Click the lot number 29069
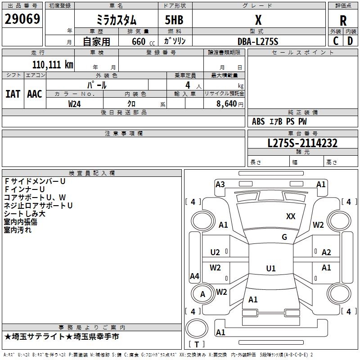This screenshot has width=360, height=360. (x=22, y=19)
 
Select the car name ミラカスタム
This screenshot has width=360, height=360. (x=117, y=20)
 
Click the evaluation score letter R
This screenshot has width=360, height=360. (x=343, y=21)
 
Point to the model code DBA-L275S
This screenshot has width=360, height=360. (x=258, y=41)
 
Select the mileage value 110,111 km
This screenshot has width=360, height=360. (x=53, y=64)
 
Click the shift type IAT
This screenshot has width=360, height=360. (x=13, y=94)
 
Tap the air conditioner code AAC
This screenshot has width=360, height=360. (x=35, y=94)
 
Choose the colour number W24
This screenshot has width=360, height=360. (x=75, y=103)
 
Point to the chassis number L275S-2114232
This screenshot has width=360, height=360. (x=302, y=143)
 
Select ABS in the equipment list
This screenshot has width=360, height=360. (x=258, y=121)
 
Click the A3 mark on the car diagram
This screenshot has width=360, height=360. (x=220, y=184)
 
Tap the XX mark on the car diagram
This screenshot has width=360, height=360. (x=291, y=216)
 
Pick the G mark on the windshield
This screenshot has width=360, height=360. (x=284, y=237)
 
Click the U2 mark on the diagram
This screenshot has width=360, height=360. (x=215, y=252)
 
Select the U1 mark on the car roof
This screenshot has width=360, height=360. (x=271, y=269)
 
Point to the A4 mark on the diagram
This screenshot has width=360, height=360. (x=194, y=276)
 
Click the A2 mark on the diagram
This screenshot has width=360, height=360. (x=326, y=252)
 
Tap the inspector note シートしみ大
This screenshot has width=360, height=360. (x=25, y=214)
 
